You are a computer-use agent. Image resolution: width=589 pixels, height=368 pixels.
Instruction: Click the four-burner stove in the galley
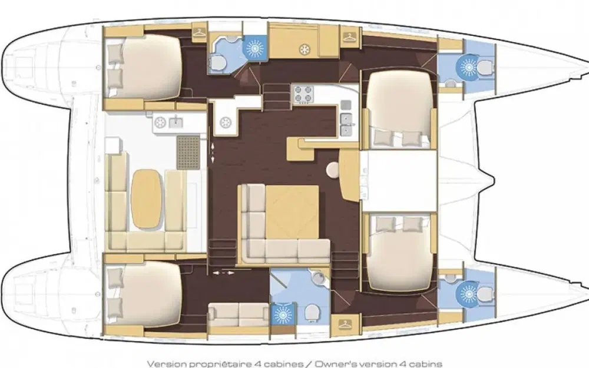coord(303,94)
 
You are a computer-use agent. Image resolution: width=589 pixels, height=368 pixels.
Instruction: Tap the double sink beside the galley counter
coord(346,124)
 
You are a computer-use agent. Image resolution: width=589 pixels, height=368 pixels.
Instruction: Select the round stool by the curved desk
coord(332,170)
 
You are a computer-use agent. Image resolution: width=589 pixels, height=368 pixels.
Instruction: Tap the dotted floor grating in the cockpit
coord(188,152)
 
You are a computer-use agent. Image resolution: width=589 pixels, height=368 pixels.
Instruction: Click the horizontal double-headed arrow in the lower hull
coord(223,273)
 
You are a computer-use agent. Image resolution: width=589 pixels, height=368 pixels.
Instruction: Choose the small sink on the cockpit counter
coord(175,122)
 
